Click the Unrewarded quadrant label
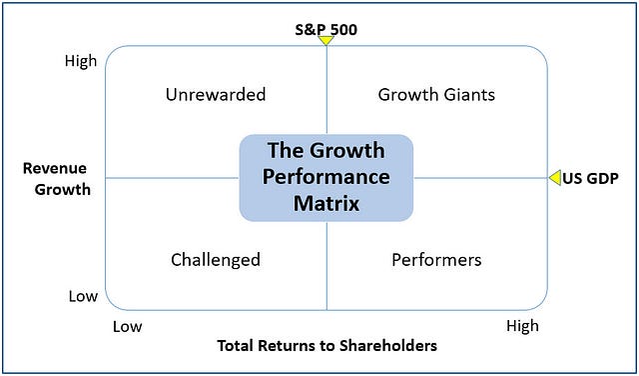click(x=216, y=95)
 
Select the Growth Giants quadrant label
click(x=436, y=95)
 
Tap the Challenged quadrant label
click(x=216, y=260)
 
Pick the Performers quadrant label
click(x=436, y=260)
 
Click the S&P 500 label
click(x=326, y=29)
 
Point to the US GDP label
click(x=591, y=178)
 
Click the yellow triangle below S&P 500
click(x=326, y=42)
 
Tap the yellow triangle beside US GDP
click(x=555, y=177)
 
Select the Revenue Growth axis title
click(x=56, y=178)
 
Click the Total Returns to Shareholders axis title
click(x=327, y=346)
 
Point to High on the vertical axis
click(x=81, y=61)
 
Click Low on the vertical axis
click(x=83, y=296)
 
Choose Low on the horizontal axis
click(x=127, y=326)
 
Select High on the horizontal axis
click(x=522, y=326)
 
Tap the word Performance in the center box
click(x=326, y=178)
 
